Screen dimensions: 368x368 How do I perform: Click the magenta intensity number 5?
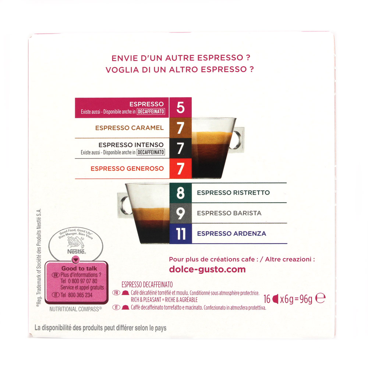click(180, 107)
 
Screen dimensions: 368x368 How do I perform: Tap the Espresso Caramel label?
click(129, 128)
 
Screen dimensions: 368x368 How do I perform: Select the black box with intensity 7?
click(180, 148)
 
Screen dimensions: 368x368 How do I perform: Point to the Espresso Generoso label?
click(127, 169)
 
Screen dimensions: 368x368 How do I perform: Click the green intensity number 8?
click(180, 193)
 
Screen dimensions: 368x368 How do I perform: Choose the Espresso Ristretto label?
click(233, 193)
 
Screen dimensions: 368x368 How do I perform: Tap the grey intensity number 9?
click(180, 213)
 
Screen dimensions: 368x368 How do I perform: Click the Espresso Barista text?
click(229, 213)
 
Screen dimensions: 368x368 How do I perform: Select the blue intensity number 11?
click(180, 234)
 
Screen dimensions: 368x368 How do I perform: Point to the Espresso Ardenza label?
click(231, 234)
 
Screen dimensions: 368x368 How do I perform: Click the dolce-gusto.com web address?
click(207, 269)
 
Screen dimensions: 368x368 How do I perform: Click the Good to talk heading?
click(79, 269)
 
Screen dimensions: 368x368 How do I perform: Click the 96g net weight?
click(306, 299)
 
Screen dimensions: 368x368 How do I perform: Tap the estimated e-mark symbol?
click(321, 298)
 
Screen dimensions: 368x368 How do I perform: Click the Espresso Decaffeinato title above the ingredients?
click(147, 285)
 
